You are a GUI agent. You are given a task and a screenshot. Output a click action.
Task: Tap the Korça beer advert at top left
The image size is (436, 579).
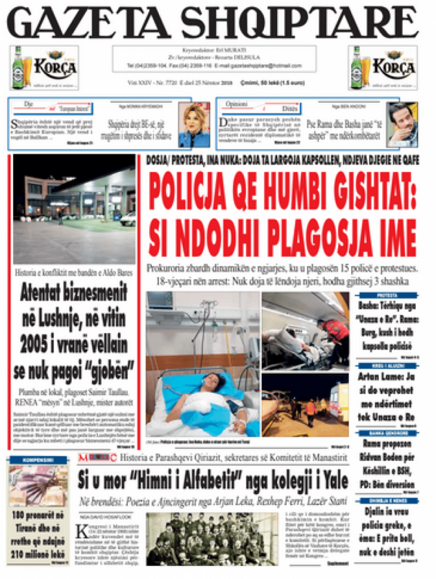pos(44,68)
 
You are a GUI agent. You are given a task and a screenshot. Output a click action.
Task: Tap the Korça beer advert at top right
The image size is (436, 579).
pos(383,68)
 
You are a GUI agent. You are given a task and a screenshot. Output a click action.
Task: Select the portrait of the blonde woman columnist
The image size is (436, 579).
pos(193,125)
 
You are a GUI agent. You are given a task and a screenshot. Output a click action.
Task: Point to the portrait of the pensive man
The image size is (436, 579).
pos(402,125)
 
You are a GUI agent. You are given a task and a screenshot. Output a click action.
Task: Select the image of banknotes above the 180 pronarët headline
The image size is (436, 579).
pos(38,485)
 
